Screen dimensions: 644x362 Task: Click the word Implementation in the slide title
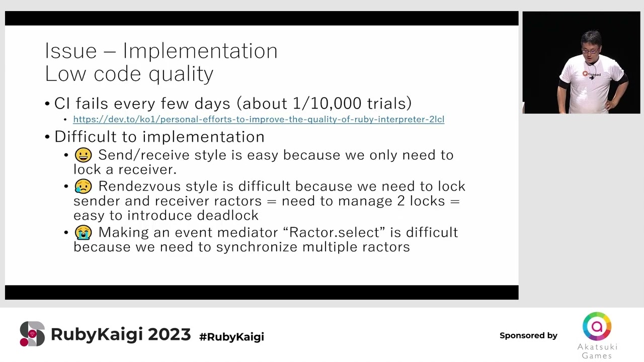[200, 51]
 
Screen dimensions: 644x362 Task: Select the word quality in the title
[181, 74]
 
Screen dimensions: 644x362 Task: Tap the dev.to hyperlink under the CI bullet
[259, 119]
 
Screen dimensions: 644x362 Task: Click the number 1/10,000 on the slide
[327, 103]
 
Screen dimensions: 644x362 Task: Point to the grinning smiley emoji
[84, 155]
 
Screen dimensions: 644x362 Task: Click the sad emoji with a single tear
[84, 186]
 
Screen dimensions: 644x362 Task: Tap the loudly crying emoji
[84, 232]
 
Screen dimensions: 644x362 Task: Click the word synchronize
[257, 247]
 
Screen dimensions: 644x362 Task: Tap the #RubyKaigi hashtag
[231, 337]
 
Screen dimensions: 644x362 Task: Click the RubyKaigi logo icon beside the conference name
[32, 334]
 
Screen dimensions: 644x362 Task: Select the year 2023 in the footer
[170, 334]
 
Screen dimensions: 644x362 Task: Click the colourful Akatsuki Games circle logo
[597, 326]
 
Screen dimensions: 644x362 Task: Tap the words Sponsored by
[528, 335]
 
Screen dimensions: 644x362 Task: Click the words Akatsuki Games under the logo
[597, 351]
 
